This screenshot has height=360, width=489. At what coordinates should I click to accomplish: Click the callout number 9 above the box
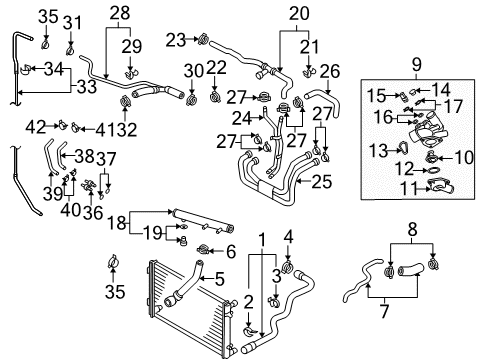click(x=417, y=64)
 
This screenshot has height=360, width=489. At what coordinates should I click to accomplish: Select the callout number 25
click(x=321, y=182)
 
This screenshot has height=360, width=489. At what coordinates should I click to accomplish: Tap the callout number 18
click(x=117, y=223)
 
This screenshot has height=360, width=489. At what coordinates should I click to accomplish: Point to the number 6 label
click(x=231, y=252)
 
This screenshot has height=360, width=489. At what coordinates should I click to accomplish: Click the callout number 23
click(x=176, y=40)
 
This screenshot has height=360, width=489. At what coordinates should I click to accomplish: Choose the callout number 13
click(x=379, y=151)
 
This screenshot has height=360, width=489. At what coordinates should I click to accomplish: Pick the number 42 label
click(x=36, y=127)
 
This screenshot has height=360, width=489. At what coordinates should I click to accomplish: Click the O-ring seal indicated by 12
click(x=433, y=171)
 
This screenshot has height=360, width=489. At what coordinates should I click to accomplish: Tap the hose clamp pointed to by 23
click(x=203, y=40)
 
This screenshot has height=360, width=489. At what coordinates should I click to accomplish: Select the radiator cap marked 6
click(x=203, y=249)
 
